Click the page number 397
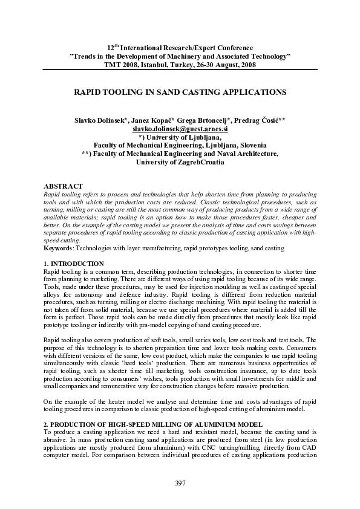tap(180, 482)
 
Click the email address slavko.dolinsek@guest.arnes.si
tap(180, 129)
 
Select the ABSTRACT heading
tap(64, 185)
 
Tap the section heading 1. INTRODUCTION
tap(74, 264)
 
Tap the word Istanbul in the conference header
tap(152, 65)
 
